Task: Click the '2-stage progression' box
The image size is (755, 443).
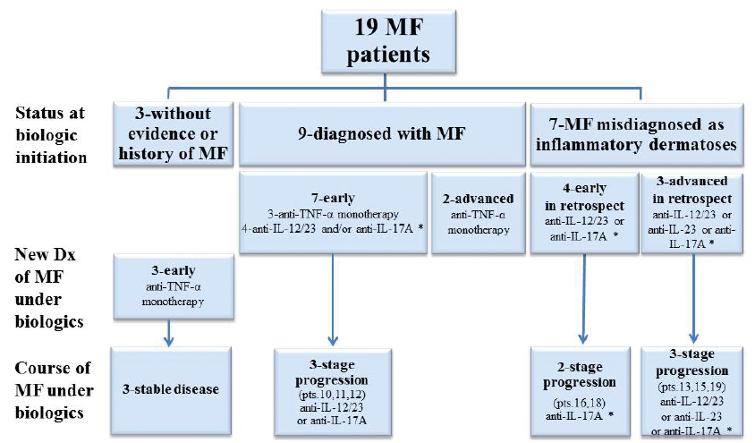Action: pos(583,391)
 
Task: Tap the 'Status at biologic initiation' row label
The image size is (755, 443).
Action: pos(53,133)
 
